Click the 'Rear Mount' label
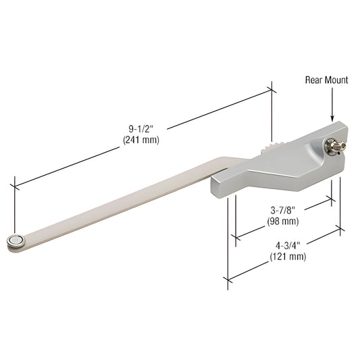point(326,80)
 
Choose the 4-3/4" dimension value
point(288,245)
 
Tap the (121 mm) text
point(288,256)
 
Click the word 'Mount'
point(336,80)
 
